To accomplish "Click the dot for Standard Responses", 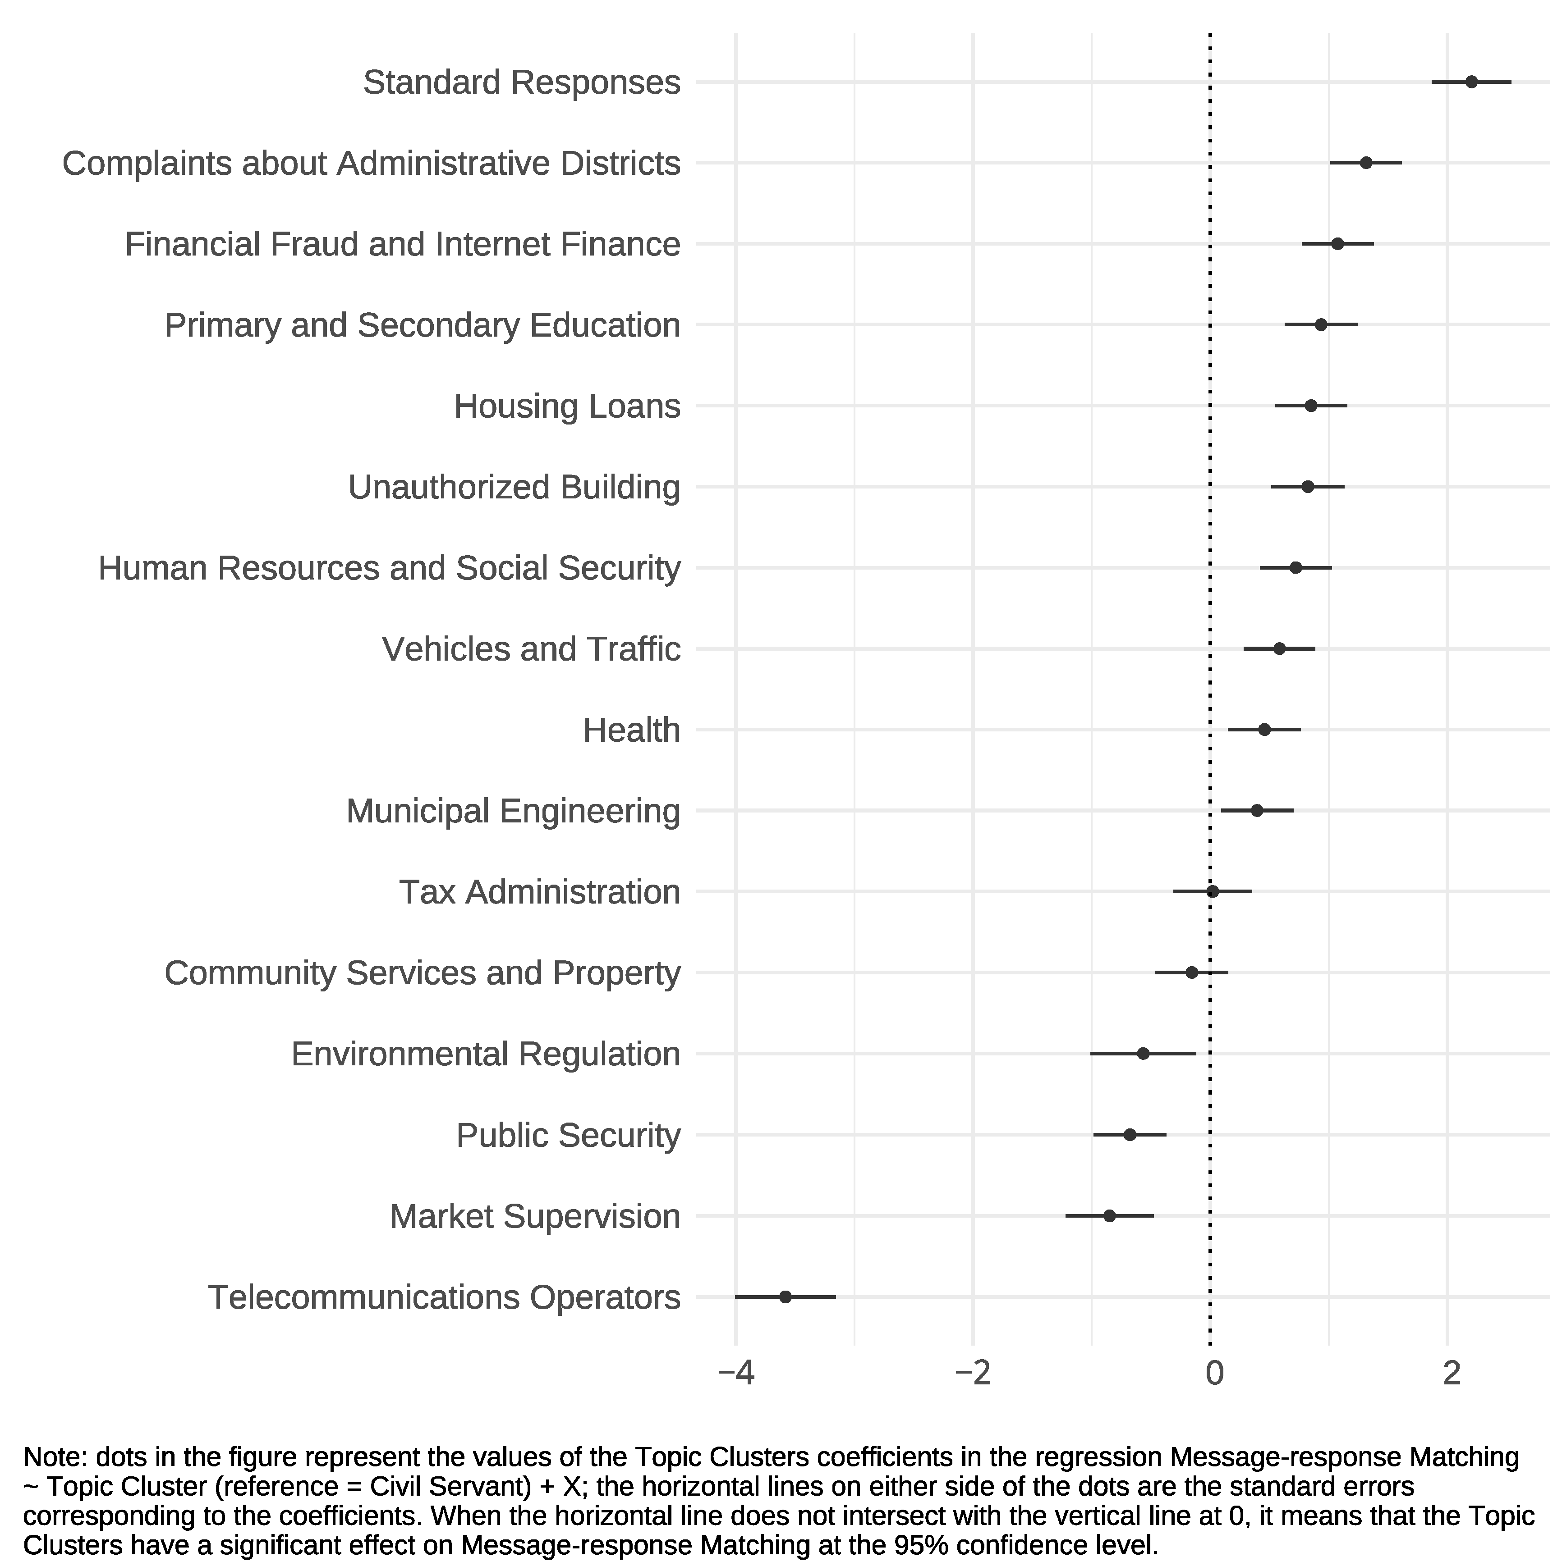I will coord(1472,82).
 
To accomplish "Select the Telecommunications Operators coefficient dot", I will coord(785,1297).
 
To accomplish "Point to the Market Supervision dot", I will coord(1109,1216).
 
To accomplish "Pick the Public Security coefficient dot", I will coord(1130,1135).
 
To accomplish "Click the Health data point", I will coord(1264,730).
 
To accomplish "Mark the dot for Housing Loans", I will coord(1311,405).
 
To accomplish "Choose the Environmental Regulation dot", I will coord(1144,1054).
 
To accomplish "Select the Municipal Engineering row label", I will coord(513,811).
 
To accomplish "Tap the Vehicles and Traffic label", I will coord(531,649).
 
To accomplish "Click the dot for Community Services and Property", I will coord(1191,972).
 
